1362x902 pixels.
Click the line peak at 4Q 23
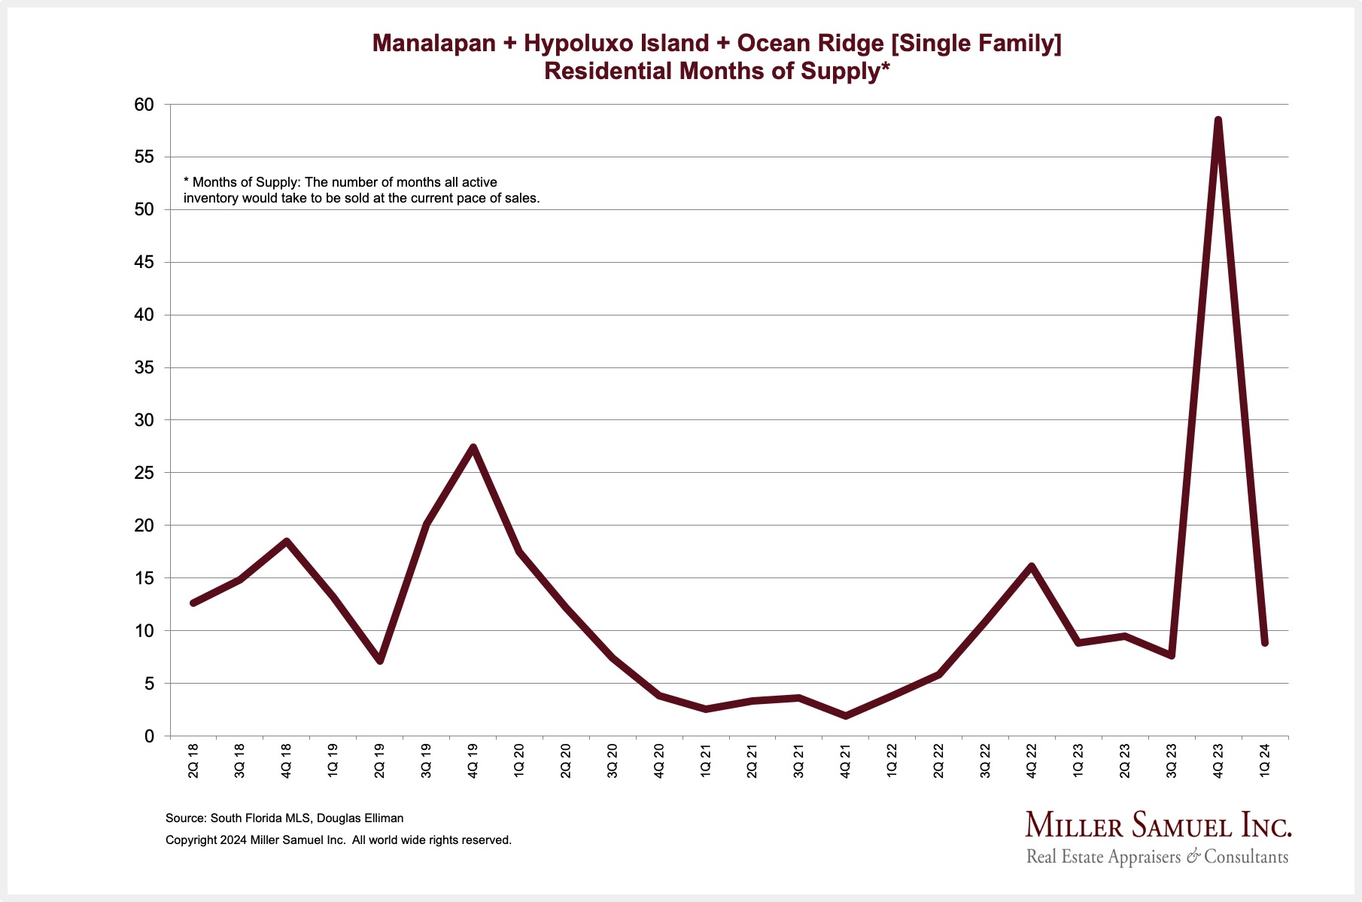coord(1218,120)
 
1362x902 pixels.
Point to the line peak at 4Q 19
coord(473,448)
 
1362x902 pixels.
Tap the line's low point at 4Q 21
coord(845,715)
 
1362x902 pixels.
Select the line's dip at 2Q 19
coord(380,660)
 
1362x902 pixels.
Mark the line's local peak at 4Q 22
coord(1031,566)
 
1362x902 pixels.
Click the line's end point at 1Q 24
coord(1265,642)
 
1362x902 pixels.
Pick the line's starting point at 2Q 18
coord(193,603)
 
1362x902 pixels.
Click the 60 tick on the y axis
coord(144,105)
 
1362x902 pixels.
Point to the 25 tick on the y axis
coord(144,473)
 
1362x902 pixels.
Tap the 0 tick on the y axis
coord(149,736)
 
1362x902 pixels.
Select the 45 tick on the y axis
coord(144,263)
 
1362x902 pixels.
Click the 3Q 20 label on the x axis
coord(613,760)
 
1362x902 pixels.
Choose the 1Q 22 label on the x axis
coord(892,760)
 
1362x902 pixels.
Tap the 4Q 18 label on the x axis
coord(287,760)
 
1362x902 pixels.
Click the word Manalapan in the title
coord(433,44)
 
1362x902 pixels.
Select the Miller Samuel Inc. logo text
coord(1158,826)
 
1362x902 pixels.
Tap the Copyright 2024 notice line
coord(339,840)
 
